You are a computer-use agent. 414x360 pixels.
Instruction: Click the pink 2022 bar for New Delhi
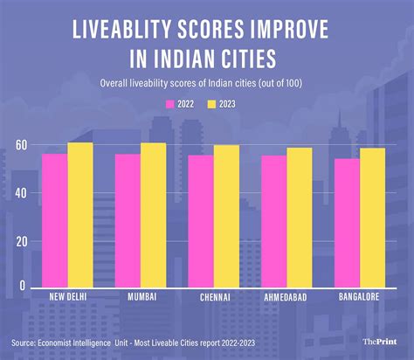click(x=55, y=219)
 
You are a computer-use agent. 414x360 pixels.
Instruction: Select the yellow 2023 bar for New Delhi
click(x=80, y=217)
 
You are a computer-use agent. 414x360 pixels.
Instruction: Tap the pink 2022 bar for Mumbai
click(x=128, y=219)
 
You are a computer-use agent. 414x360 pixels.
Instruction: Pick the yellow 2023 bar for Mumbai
click(x=153, y=217)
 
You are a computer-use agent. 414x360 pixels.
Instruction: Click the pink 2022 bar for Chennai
click(x=201, y=220)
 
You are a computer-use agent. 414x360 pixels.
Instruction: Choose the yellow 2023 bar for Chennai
click(x=226, y=218)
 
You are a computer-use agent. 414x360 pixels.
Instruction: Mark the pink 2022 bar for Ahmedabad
click(x=273, y=220)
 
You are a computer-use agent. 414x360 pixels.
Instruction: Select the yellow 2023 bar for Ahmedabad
click(x=299, y=218)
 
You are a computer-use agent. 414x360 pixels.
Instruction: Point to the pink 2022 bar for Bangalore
click(x=346, y=222)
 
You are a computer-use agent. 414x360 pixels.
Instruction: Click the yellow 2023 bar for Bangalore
click(x=372, y=218)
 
